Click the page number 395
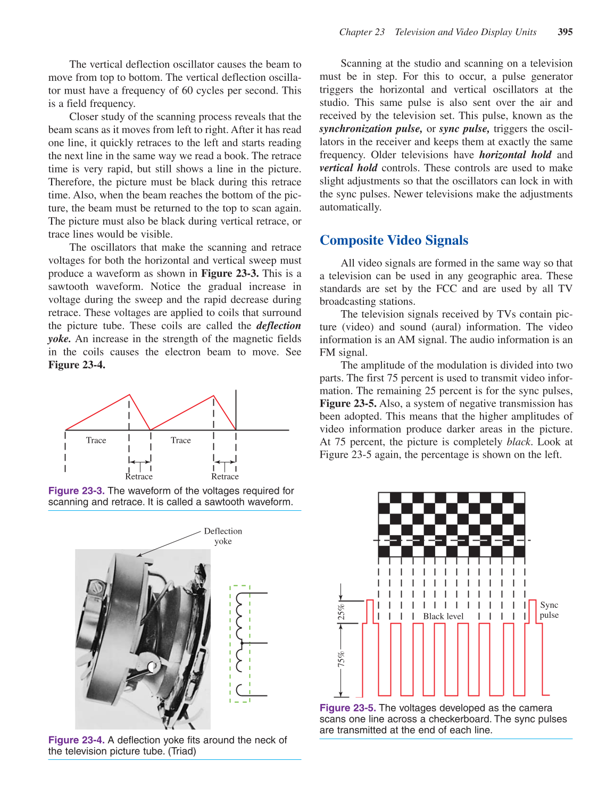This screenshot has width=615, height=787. click(565, 32)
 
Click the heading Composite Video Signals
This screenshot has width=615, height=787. click(394, 241)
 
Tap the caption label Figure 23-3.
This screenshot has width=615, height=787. click(76, 491)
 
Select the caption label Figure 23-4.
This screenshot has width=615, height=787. click(76, 740)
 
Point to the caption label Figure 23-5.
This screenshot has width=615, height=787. click(347, 708)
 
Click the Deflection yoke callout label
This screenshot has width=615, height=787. click(223, 536)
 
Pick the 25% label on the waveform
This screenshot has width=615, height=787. click(342, 612)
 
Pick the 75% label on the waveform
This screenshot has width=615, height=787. click(342, 659)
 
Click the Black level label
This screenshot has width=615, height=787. click(443, 616)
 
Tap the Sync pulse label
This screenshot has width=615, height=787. click(549, 610)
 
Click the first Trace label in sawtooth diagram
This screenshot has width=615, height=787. click(96, 440)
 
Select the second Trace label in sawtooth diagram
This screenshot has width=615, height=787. click(181, 440)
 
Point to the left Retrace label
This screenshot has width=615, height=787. click(139, 476)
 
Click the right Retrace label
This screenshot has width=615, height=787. click(225, 476)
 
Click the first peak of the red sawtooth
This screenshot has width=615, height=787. click(129, 395)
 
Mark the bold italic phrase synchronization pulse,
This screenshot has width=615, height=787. click(371, 129)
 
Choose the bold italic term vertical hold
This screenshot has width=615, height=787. click(348, 168)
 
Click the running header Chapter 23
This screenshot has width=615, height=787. click(362, 32)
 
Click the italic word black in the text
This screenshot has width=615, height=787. click(519, 442)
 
